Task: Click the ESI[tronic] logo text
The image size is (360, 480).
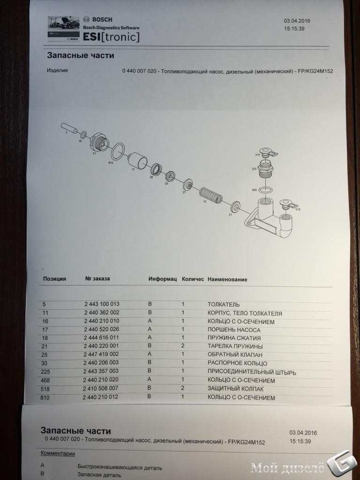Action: coord(111,37)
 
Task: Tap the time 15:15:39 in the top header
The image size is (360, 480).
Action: coord(294,29)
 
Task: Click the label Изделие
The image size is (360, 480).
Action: coord(57,70)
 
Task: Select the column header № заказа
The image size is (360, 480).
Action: coord(97,278)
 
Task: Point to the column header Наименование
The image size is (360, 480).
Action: coord(227,279)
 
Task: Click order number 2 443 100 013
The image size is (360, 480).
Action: coord(102,304)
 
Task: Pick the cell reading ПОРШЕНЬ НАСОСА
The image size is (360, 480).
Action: coord(234,330)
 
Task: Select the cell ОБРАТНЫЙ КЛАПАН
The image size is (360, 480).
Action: coord(235,355)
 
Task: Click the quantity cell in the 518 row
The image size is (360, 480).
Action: coord(182,388)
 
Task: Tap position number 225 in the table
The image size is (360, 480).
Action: coord(45,372)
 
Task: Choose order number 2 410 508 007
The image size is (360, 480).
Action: coord(100,388)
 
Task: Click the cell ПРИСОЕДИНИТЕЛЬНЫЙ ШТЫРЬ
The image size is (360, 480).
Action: coord(252,373)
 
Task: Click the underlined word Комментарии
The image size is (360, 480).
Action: coord(58,453)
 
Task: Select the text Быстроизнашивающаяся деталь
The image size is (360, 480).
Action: coord(120,467)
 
